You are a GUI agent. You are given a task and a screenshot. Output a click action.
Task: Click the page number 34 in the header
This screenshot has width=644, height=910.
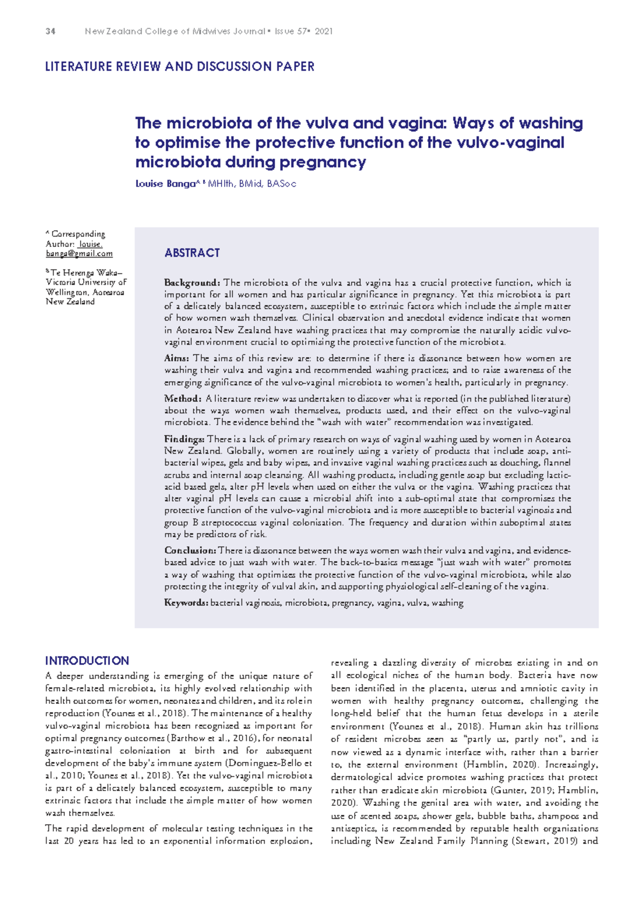[50, 32]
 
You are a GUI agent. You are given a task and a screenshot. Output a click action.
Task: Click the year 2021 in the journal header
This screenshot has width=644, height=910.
[324, 32]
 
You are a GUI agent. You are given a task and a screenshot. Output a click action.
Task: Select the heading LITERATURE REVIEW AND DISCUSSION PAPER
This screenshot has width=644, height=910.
[180, 67]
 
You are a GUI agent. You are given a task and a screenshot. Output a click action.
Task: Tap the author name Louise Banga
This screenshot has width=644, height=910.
[165, 184]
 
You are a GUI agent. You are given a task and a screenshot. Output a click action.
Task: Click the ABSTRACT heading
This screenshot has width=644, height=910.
[192, 253]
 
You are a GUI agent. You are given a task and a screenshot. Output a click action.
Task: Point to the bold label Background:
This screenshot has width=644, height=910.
[192, 283]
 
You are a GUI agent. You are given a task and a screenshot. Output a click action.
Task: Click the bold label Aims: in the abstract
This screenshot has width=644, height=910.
[177, 358]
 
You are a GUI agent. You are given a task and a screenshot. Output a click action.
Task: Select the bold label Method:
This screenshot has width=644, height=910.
[182, 399]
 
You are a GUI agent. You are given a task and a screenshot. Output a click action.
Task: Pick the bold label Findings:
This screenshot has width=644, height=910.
[184, 439]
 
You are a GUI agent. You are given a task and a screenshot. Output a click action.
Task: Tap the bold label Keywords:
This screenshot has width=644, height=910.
[186, 603]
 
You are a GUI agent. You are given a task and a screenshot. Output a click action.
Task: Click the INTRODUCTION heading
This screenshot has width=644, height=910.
[87, 661]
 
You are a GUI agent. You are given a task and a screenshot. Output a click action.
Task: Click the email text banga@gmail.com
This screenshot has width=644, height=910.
[79, 254]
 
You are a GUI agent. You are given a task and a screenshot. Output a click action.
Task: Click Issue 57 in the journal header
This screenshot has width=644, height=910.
[291, 32]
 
